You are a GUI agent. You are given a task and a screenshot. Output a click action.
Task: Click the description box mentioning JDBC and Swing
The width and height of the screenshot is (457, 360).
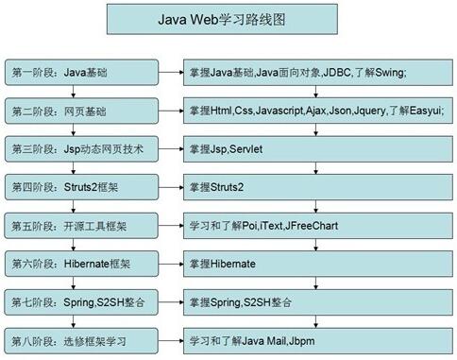point(317,72)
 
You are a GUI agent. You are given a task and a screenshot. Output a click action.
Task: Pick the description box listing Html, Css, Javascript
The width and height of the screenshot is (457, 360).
point(317,110)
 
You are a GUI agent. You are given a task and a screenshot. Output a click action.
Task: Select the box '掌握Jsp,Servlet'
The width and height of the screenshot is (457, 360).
point(317,148)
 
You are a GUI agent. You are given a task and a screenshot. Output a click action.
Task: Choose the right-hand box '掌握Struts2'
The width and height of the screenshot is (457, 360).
point(317,186)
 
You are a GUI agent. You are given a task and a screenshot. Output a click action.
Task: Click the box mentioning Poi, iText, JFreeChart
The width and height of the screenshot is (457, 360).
point(317,225)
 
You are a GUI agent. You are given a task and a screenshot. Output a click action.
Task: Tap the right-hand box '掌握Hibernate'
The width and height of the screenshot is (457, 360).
point(317,263)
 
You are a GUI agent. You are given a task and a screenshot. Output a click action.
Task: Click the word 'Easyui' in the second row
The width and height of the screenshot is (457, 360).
point(424,111)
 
